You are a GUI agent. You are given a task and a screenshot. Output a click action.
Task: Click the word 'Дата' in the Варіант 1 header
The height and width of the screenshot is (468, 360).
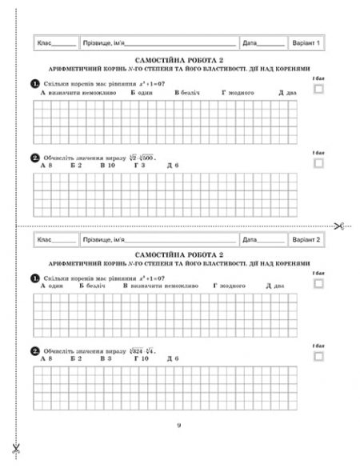pos(250,42)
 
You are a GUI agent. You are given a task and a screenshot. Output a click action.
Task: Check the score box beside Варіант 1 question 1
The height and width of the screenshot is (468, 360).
pos(319,90)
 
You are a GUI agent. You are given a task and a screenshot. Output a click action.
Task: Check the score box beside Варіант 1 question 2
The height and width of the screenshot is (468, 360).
pos(319,163)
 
